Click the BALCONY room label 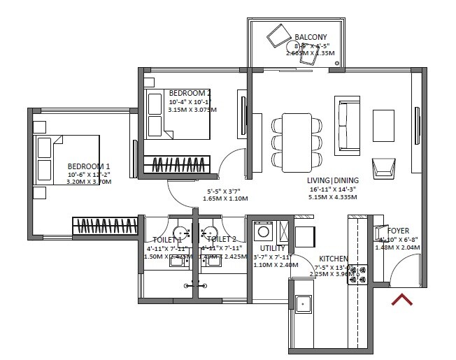311,37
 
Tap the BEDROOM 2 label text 190,93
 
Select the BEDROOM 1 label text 89,166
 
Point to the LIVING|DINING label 332,180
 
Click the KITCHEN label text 334,259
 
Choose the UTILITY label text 273,248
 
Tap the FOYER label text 398,231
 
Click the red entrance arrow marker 401,300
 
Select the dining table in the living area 296,141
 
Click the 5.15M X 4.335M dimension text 332,198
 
